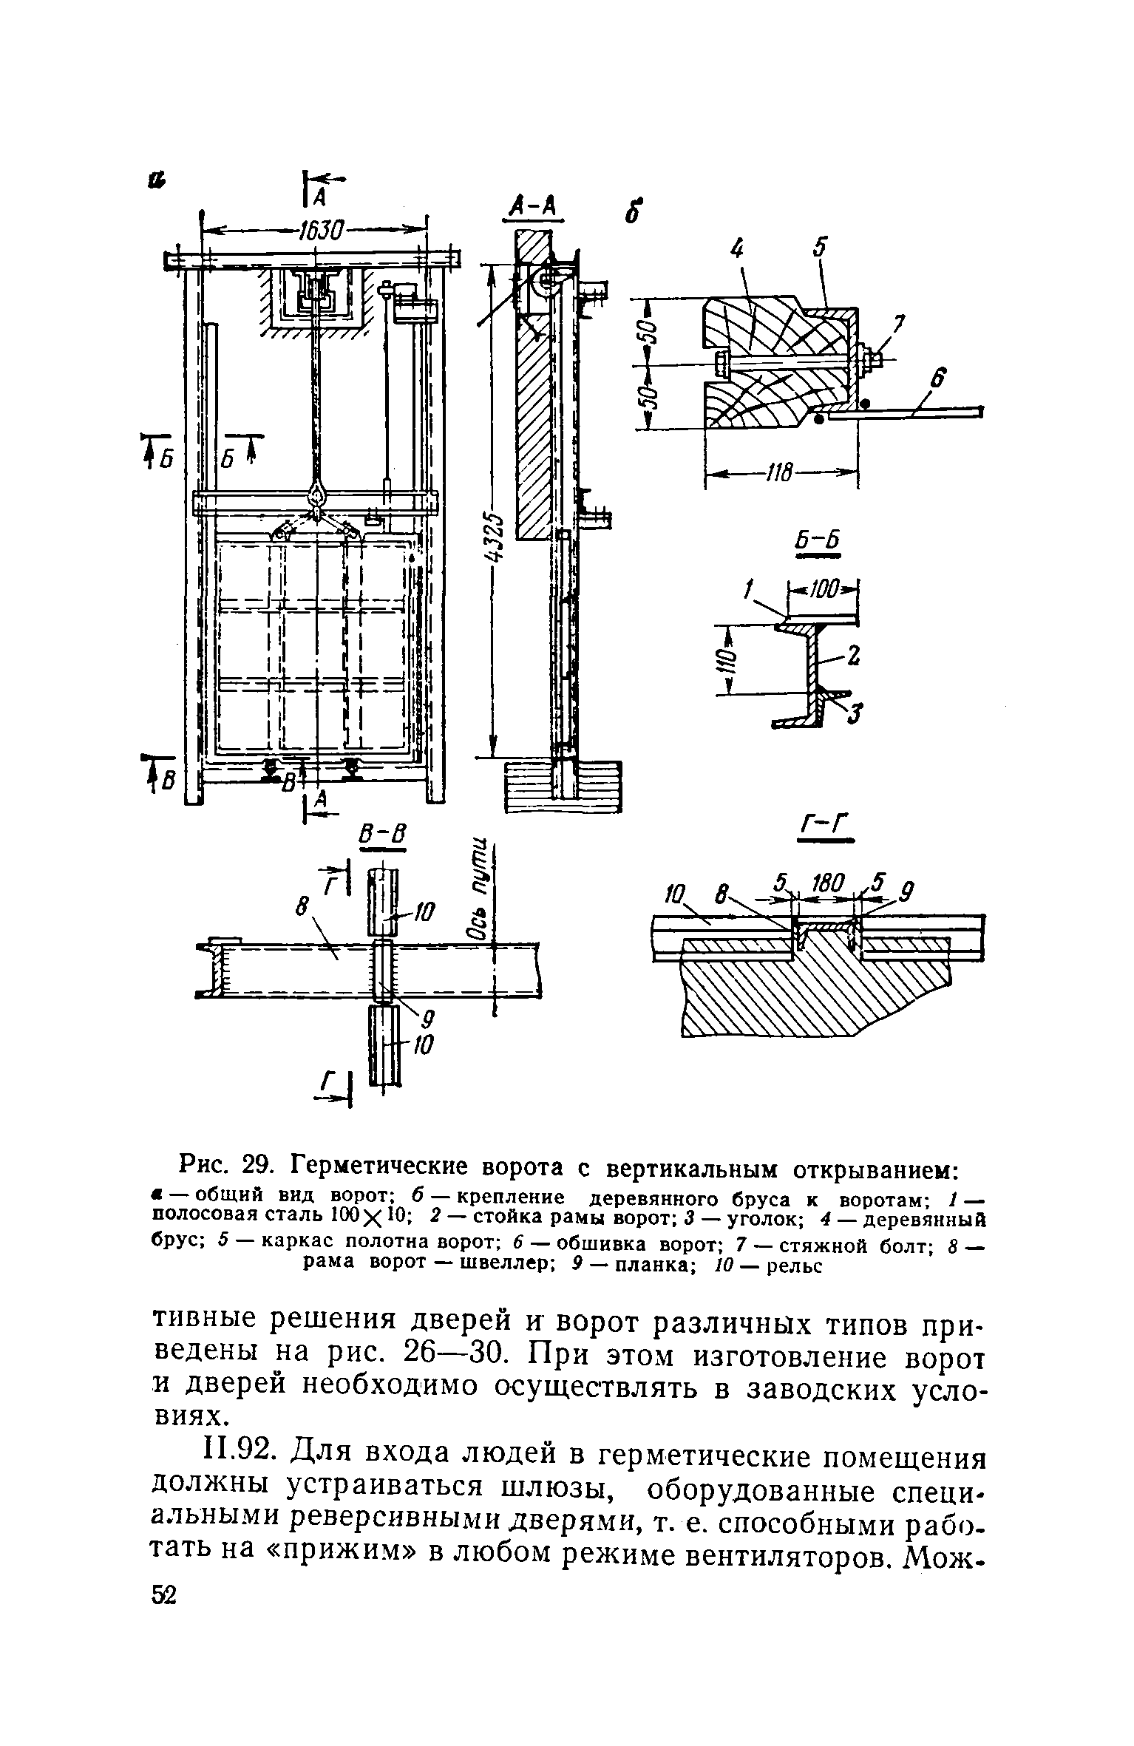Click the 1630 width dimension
click(x=319, y=232)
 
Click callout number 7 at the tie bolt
click(x=899, y=325)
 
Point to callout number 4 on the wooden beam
click(x=737, y=251)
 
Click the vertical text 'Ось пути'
click(x=479, y=887)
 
